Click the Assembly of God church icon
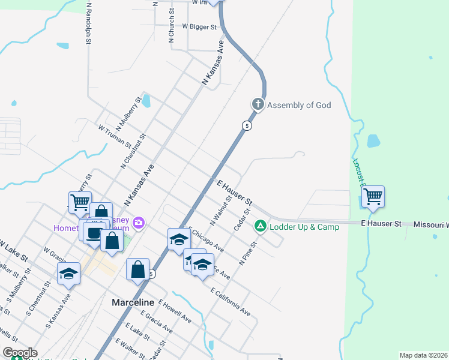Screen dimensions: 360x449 (258, 105)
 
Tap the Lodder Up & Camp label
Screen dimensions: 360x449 (304, 226)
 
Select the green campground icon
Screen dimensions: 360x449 (260, 226)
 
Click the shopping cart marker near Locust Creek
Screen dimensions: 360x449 (373, 196)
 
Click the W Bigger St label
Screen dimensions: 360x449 (199, 27)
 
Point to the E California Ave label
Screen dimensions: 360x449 (231, 301)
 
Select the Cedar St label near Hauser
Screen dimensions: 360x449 (242, 220)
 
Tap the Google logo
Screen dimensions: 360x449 (20, 353)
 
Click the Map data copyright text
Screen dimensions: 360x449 (423, 355)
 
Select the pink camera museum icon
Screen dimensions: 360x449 (139, 223)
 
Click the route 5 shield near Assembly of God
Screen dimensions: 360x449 (247, 125)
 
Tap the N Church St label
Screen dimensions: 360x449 (172, 26)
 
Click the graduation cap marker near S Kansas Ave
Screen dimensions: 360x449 (68, 273)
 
